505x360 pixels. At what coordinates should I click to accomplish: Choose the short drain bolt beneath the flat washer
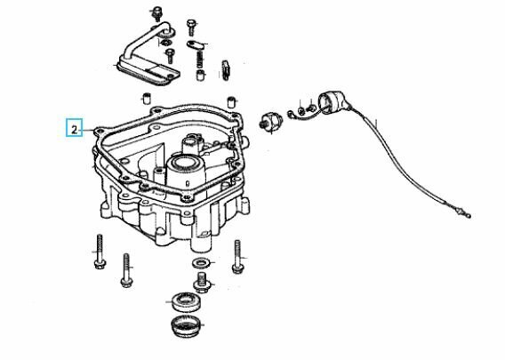point(204,284)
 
